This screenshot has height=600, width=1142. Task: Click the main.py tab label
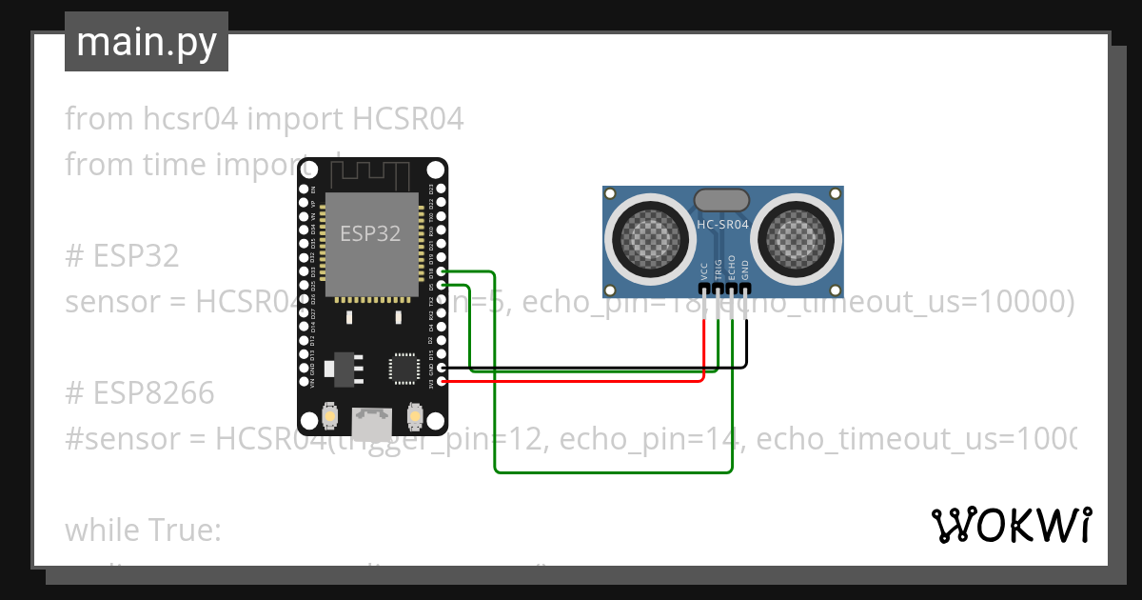(146, 42)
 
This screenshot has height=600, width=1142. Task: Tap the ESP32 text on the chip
(370, 233)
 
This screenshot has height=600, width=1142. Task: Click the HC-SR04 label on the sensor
(723, 225)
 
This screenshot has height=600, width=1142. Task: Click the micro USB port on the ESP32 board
(371, 419)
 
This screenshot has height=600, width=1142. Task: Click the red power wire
(571, 381)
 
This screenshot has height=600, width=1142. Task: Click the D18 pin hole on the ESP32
(441, 271)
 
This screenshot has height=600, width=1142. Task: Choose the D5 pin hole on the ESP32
(441, 286)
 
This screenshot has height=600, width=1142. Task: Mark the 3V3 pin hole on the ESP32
(441, 381)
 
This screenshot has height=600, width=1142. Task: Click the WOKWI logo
(1011, 525)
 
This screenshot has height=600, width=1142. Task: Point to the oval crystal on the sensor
(721, 199)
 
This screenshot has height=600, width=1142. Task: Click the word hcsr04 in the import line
(195, 119)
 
